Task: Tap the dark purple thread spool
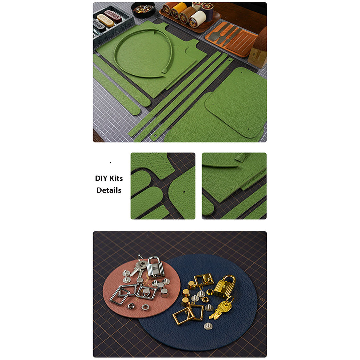(x=208, y=11)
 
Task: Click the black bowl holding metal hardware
(x=143, y=10)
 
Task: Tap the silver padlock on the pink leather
(x=155, y=267)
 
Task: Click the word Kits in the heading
(x=116, y=178)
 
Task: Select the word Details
(x=109, y=190)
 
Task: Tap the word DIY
(x=101, y=178)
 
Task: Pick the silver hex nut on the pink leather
(x=131, y=306)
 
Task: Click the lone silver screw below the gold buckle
(x=208, y=326)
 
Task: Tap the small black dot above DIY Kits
(x=110, y=163)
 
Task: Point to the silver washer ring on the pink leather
(x=145, y=307)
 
